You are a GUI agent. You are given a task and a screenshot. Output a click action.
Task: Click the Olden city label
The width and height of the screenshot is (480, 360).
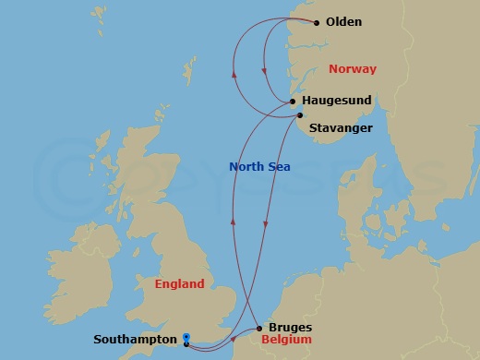pos(344,22)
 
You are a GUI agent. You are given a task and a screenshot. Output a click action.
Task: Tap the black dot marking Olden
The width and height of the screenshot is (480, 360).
pos(317,22)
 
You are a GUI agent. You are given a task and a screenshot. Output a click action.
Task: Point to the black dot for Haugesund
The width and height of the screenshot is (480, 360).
pos(293,102)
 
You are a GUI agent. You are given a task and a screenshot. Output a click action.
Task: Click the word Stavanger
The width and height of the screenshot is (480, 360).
pos(341,127)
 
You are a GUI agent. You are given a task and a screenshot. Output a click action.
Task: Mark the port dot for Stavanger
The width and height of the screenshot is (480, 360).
pos(298,115)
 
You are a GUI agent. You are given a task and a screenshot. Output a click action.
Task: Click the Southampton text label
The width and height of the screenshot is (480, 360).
pos(136,339)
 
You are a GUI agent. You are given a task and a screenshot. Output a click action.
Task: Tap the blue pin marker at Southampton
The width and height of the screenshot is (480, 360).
pos(186,338)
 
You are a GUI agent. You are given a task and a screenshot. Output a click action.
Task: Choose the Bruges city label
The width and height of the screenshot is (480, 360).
pos(289,327)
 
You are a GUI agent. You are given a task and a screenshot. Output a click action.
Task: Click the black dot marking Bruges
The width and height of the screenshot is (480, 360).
pos(259,328)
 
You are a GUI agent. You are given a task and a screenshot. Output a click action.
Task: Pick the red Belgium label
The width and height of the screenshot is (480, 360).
pos(288,340)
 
